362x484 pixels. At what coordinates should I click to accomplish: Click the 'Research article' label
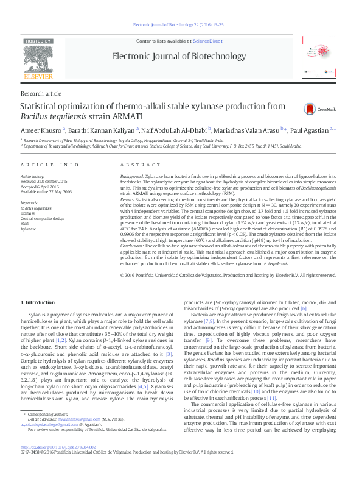click(41, 94)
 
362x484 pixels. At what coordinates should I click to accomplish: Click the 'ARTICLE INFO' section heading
click(49, 165)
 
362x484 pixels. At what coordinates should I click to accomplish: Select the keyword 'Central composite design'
click(42, 218)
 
